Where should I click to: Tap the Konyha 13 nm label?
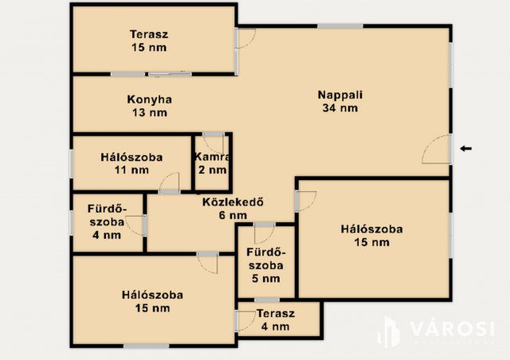pos(149,106)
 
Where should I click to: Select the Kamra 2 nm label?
pos(211,163)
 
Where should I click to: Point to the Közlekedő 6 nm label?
pos(233,208)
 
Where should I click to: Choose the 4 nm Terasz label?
pos(276,319)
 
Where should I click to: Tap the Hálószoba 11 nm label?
pos(131,163)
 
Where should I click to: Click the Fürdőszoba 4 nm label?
pos(106,222)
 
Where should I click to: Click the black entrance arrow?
pos(466,147)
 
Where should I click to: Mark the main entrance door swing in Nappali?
pos(437,151)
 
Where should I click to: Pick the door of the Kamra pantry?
pos(214,143)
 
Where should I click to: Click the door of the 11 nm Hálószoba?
pos(170,185)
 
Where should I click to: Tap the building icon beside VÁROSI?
pos(389,331)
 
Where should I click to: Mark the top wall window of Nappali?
pos(340,26)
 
